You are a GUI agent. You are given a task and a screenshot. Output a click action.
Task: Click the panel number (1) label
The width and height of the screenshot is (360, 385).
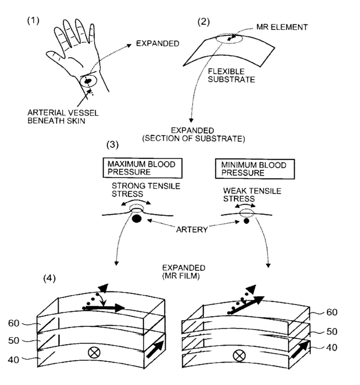pos(34,20)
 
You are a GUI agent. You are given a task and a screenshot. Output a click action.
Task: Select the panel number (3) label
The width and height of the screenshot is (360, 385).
pos(113,146)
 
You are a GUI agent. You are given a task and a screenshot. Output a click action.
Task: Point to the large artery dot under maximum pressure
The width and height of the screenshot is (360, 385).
pos(136,220)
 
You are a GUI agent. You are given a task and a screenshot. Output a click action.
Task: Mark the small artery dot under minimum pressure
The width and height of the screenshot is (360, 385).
pos(246,221)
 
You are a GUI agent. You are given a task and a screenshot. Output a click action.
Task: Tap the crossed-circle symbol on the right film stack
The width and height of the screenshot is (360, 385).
pos(240,356)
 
